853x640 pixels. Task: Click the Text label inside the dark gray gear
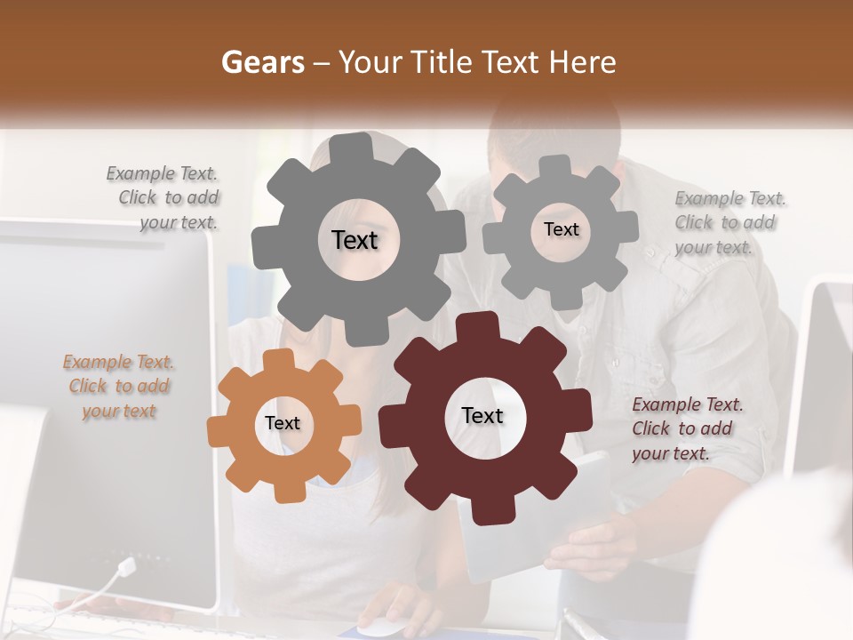(x=355, y=240)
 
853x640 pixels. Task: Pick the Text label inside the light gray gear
(x=561, y=229)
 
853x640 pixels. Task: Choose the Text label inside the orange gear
(x=283, y=424)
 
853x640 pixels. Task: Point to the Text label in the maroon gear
(x=482, y=416)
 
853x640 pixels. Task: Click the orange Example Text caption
(x=118, y=387)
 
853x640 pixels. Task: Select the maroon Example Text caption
(x=687, y=429)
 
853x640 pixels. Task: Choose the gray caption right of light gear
(x=729, y=222)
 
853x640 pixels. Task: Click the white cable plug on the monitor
(x=126, y=566)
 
